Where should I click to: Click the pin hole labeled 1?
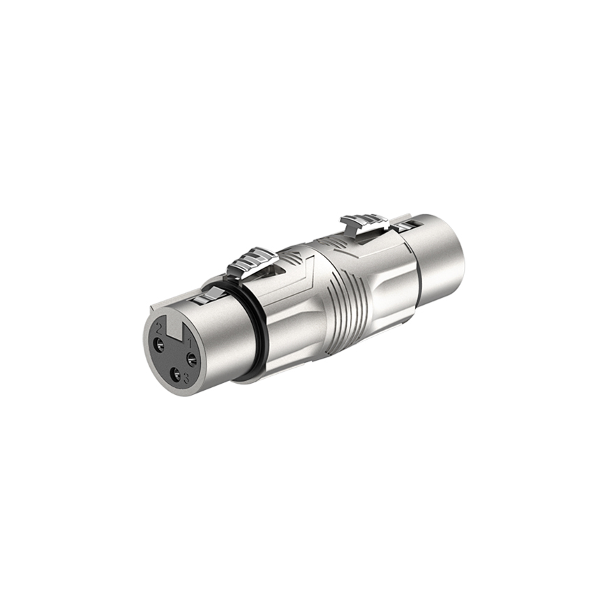click(x=191, y=359)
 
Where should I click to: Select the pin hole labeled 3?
click(x=176, y=377)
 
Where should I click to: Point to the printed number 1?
click(x=188, y=344)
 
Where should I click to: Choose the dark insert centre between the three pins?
click(x=174, y=357)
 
